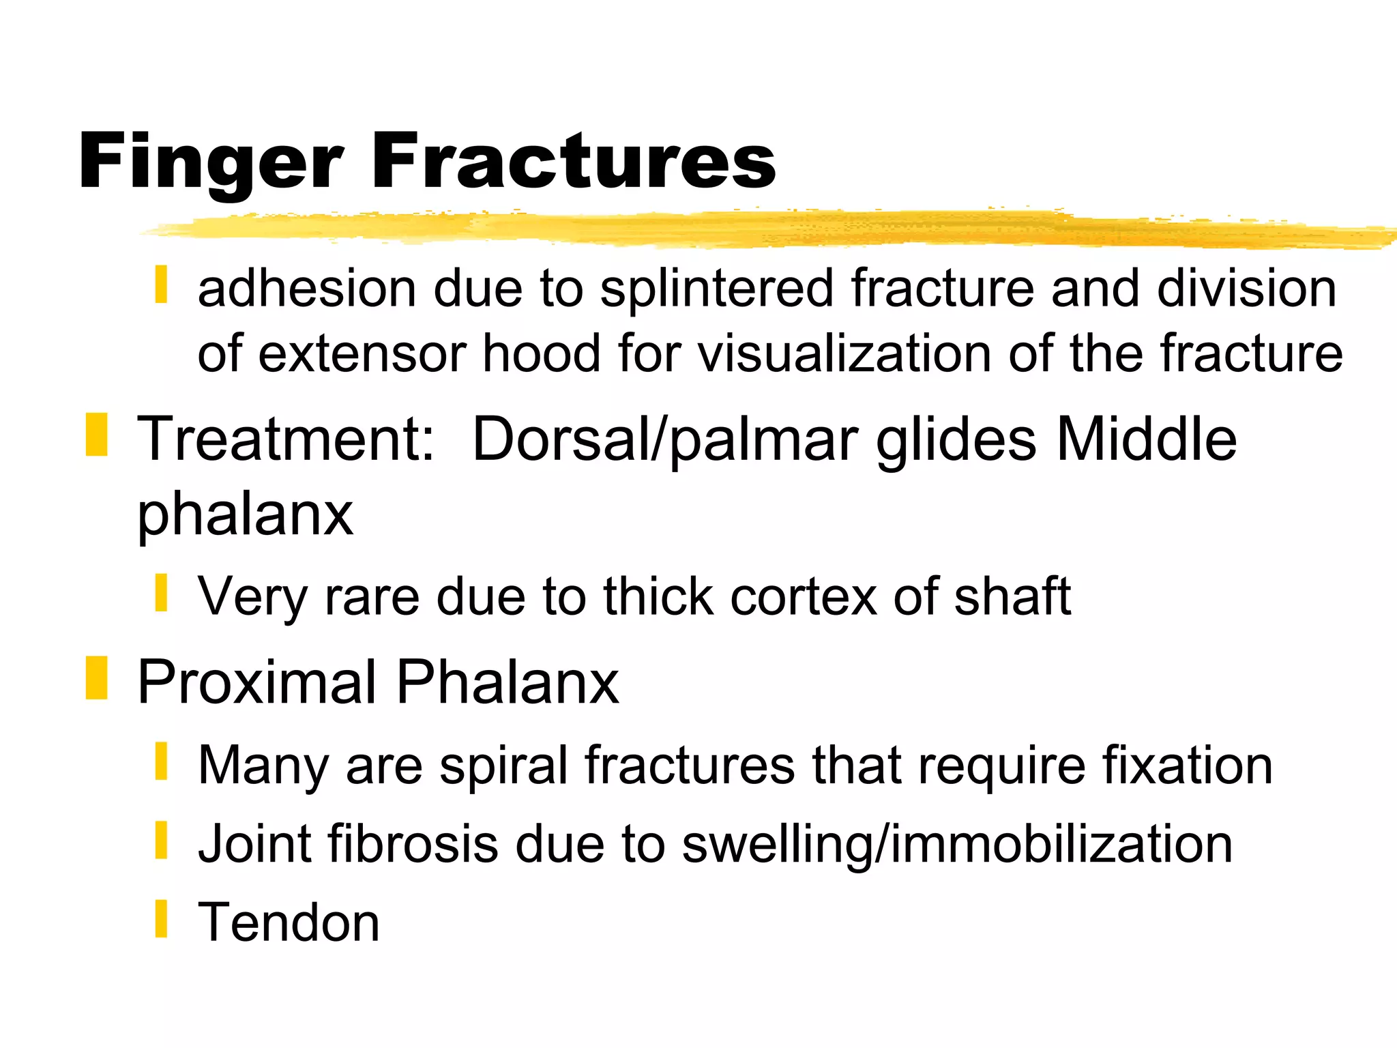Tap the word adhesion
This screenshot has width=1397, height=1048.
click(307, 289)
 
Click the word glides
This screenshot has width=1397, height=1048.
click(956, 441)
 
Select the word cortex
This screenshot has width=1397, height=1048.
click(804, 596)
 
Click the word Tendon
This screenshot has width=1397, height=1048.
click(289, 922)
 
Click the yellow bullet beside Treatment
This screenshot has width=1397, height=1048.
click(96, 435)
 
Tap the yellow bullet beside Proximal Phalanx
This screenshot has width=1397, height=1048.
click(96, 678)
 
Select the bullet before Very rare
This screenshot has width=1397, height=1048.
click(161, 593)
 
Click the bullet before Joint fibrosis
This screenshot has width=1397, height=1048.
click(161, 841)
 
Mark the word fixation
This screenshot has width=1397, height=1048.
click(1187, 766)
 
